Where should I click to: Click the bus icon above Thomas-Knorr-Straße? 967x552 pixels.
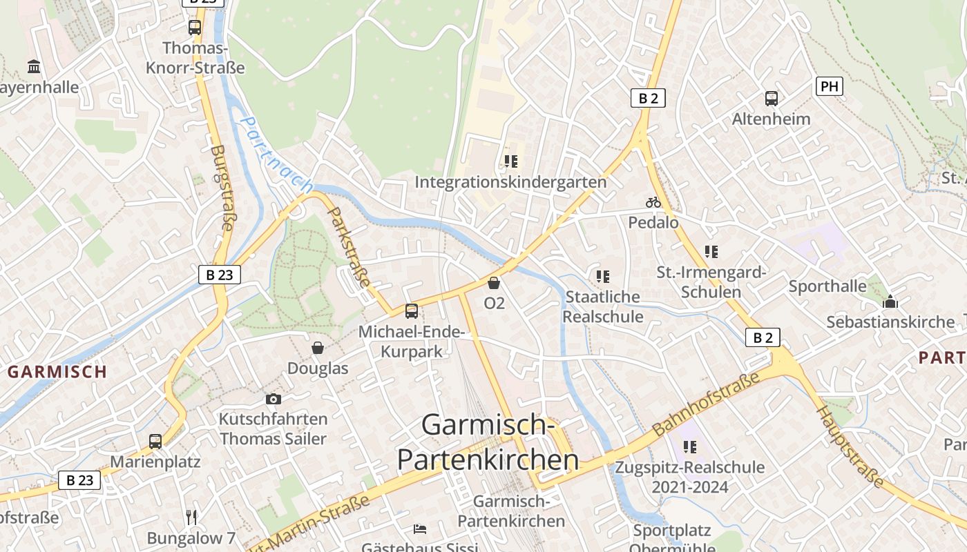tap(195, 28)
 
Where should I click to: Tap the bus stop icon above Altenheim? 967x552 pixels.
tap(772, 99)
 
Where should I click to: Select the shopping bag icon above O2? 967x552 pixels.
tap(494, 283)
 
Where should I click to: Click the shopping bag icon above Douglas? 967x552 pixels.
tap(318, 347)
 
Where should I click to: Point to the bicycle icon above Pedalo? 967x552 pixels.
tap(653, 202)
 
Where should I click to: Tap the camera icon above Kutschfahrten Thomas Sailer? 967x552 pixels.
tap(274, 399)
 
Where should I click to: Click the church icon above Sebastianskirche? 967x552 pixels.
tap(890, 302)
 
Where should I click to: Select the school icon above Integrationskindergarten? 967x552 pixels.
tap(510, 161)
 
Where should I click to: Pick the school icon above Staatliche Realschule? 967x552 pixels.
tap(602, 277)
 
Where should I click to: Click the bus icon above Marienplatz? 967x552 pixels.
tap(155, 441)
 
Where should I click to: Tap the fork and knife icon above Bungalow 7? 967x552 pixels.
tap(191, 517)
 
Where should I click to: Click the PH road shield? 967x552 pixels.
tap(829, 86)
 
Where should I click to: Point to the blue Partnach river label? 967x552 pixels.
tap(276, 153)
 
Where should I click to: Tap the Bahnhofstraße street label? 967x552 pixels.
tap(706, 402)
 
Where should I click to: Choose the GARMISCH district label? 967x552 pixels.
tap(57, 371)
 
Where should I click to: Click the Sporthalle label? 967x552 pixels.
tap(827, 286)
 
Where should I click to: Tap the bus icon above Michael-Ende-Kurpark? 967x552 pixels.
tap(412, 310)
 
